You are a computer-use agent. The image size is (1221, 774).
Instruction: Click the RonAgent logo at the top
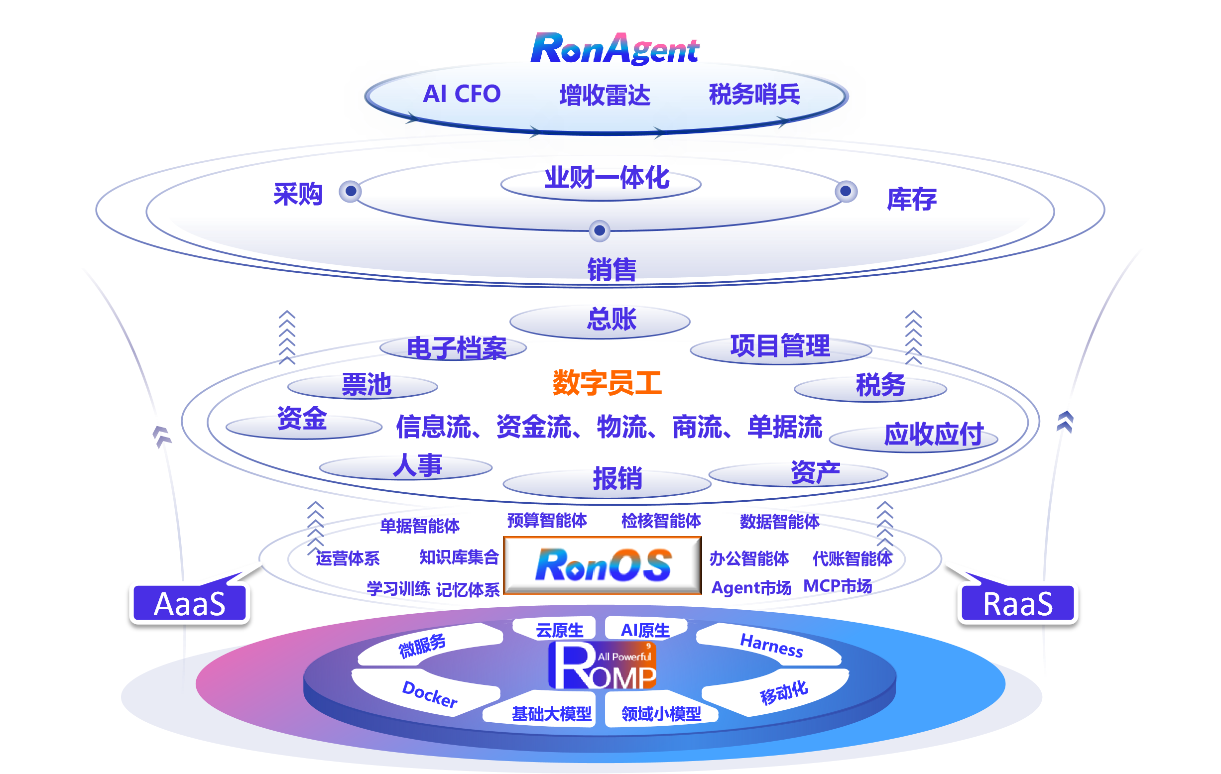point(614,49)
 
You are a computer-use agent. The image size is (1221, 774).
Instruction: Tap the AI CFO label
point(462,94)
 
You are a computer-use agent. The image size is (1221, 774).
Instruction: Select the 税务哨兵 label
point(754,94)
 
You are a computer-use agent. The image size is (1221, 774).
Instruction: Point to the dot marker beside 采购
point(351,192)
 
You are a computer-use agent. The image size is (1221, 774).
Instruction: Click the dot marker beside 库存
point(846,191)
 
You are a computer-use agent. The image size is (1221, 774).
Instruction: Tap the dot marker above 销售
point(600,230)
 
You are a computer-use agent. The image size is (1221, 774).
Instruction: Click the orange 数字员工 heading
point(607,382)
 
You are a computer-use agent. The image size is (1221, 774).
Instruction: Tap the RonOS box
point(603,565)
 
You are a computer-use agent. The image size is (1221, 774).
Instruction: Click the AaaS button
point(190,604)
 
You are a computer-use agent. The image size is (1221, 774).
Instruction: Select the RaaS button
point(1018,604)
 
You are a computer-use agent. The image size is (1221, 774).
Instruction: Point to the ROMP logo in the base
point(603,665)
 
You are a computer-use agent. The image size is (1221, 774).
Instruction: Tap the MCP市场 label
point(838,586)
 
